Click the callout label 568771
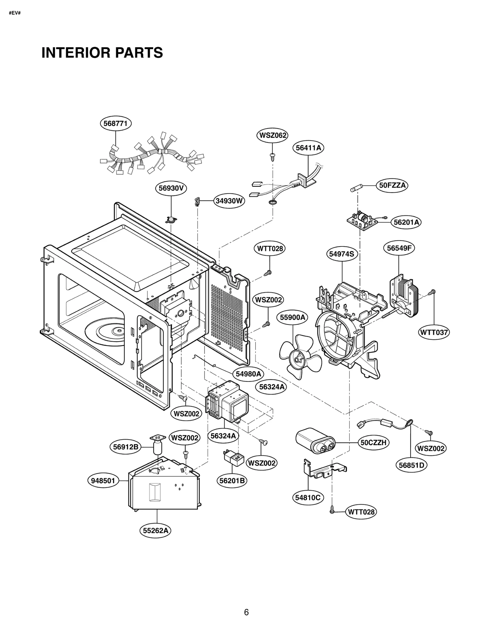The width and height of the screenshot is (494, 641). point(115,123)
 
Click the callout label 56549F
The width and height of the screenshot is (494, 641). point(399,248)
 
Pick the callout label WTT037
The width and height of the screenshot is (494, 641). point(433,332)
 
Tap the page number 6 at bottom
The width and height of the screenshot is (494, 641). point(246,612)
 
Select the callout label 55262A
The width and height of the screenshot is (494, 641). point(155,531)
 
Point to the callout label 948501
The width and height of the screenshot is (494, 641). point(103,481)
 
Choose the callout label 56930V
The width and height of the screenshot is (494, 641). point(171,188)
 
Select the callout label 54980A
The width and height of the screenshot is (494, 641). point(248,374)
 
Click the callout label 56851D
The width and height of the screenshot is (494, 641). point(411,465)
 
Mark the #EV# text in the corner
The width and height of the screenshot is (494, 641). point(15,13)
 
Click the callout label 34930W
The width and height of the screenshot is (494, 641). point(229,201)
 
